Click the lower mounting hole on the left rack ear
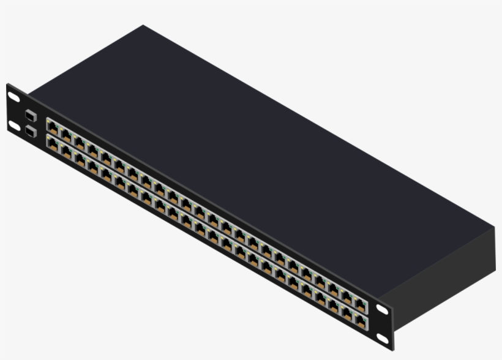[13, 126]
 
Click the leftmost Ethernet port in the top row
[53, 127]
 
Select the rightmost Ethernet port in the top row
[362, 303]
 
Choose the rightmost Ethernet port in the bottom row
[362, 320]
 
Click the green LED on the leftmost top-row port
[57, 126]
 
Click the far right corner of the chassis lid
[493, 228]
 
